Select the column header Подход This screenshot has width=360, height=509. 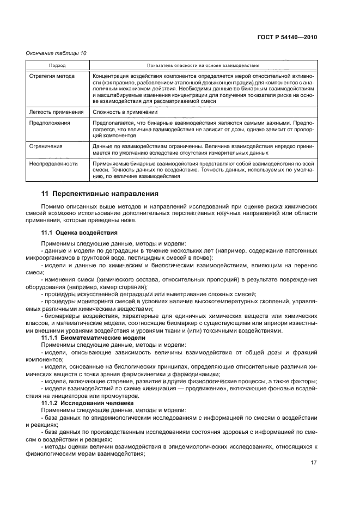[57, 65]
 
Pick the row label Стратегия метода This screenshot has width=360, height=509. [52, 76]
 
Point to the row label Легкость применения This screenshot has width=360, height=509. [56, 112]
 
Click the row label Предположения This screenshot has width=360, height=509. [50, 124]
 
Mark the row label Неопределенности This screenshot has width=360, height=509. [53, 163]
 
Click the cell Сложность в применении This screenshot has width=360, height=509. [125, 112]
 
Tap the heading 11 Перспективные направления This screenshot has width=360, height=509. [100, 193]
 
